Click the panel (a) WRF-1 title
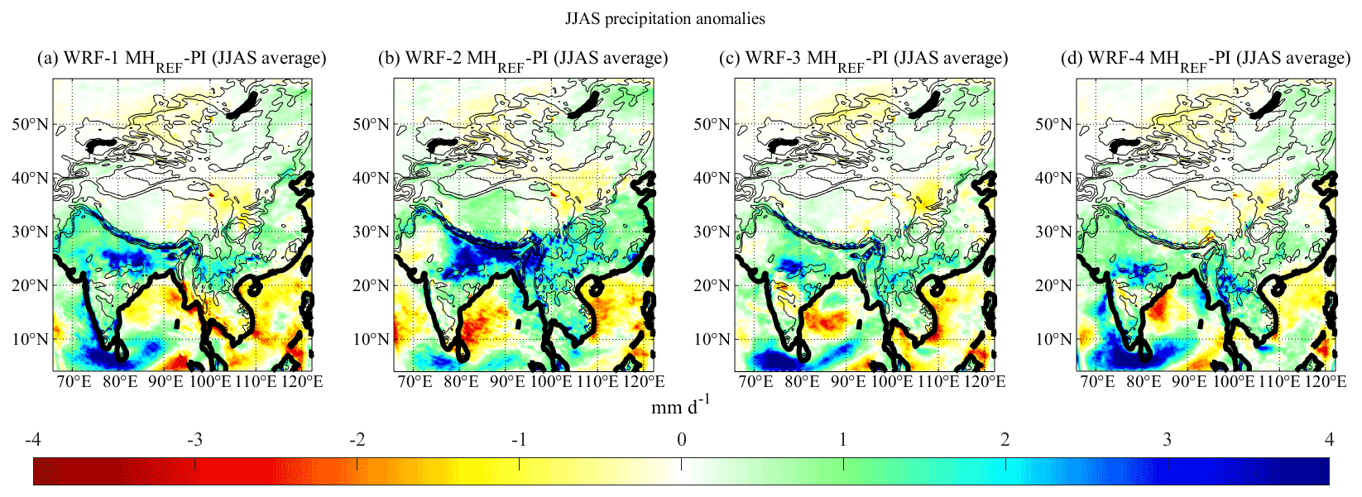point(182,59)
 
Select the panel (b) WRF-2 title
point(523,59)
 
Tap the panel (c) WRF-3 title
point(864,59)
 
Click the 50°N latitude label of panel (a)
point(30,125)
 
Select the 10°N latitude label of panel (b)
point(371,340)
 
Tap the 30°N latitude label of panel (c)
point(712,232)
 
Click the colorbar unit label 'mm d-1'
point(680,406)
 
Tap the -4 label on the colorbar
point(33,440)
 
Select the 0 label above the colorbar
point(681,440)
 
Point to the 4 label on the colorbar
point(1329,440)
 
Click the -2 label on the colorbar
point(357,440)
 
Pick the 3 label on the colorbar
point(1167,440)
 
